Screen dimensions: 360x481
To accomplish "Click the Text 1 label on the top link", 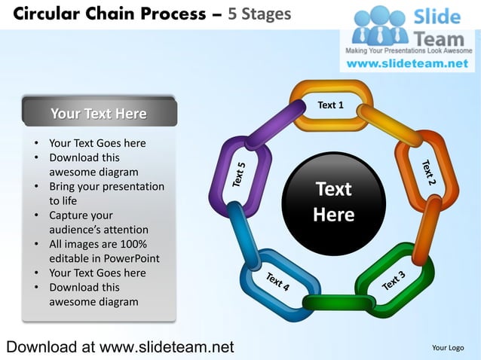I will click(x=330, y=105).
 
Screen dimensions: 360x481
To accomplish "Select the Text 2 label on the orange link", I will click(x=428, y=172).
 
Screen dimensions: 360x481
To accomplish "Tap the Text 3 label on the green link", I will click(x=394, y=280).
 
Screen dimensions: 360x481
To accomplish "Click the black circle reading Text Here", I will click(x=333, y=202).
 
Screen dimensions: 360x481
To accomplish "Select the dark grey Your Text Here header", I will click(x=99, y=114).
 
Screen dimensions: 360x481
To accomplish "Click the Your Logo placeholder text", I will click(x=447, y=347).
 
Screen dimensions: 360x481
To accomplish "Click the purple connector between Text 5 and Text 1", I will click(x=275, y=124).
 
